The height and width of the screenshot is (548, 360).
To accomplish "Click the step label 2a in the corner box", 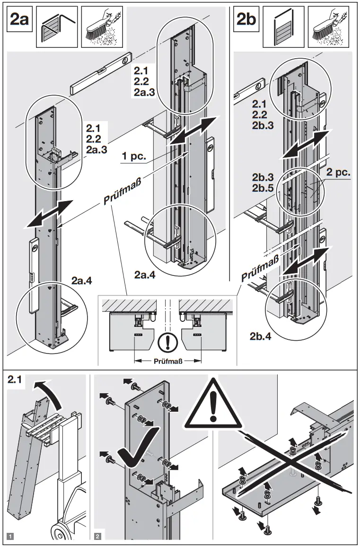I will point(19,20).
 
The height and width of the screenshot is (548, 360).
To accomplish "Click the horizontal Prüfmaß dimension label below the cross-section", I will point(168,361).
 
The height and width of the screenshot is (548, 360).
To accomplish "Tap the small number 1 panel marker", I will point(10,536).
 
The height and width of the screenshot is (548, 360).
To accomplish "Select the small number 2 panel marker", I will point(97,536).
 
